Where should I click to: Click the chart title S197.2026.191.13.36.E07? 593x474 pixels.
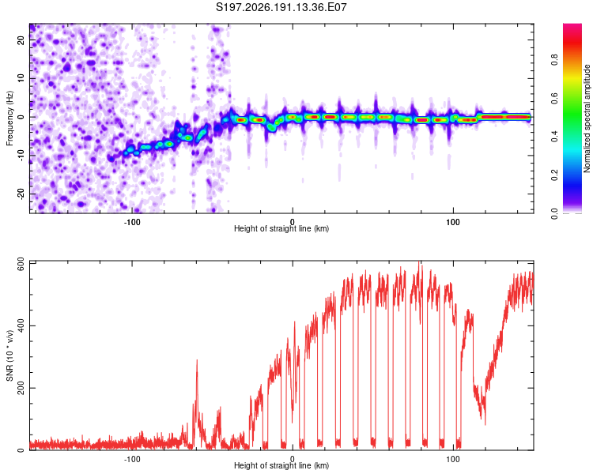point(281,7)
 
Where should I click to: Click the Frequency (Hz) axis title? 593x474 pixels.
point(9,118)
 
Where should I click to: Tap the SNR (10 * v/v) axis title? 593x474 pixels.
point(9,355)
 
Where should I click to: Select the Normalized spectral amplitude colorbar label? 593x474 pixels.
point(587,118)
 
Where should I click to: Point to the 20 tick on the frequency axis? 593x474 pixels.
point(21,39)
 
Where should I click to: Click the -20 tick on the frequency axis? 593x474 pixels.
point(21,194)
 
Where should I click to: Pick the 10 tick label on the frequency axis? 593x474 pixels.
point(21,78)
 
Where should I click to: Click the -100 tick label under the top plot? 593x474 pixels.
point(132,222)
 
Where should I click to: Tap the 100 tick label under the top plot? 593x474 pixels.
point(453,222)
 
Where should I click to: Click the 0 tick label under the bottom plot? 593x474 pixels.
point(293,459)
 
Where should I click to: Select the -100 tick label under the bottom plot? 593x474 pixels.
point(132,459)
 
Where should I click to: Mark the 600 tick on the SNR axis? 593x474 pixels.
point(21,265)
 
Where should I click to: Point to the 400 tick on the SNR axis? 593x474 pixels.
point(21,325)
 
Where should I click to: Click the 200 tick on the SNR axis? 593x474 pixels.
point(21,388)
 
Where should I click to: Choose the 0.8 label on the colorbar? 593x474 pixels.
point(555,60)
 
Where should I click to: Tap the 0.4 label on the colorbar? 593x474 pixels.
point(555,137)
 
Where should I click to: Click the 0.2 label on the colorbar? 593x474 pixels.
point(555,175)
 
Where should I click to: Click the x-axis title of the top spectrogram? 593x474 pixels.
point(281,228)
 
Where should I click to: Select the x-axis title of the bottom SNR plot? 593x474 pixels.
point(281,465)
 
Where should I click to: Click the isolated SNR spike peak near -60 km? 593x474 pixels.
point(197,360)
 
